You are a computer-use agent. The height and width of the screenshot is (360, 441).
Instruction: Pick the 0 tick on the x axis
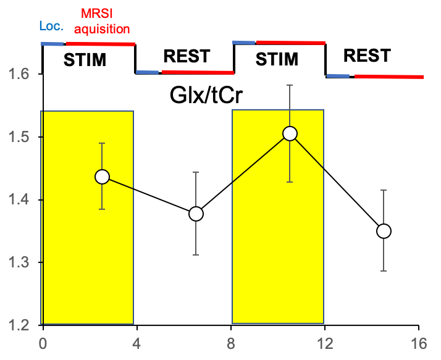click(43, 343)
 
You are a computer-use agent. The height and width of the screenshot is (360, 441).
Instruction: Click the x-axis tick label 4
click(136, 343)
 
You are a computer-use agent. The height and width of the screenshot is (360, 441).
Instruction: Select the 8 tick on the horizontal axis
click(231, 343)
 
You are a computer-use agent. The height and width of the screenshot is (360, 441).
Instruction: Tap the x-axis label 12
click(324, 343)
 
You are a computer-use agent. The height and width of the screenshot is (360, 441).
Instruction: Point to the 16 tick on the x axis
click(419, 343)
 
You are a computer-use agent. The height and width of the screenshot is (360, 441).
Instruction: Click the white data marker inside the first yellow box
click(102, 177)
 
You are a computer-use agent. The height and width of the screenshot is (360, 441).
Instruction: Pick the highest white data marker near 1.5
click(290, 133)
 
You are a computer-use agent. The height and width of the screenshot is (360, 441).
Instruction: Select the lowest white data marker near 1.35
click(384, 231)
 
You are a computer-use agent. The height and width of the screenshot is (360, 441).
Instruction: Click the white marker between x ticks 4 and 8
click(196, 214)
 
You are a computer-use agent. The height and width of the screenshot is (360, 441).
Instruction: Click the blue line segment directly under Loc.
click(52, 44)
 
